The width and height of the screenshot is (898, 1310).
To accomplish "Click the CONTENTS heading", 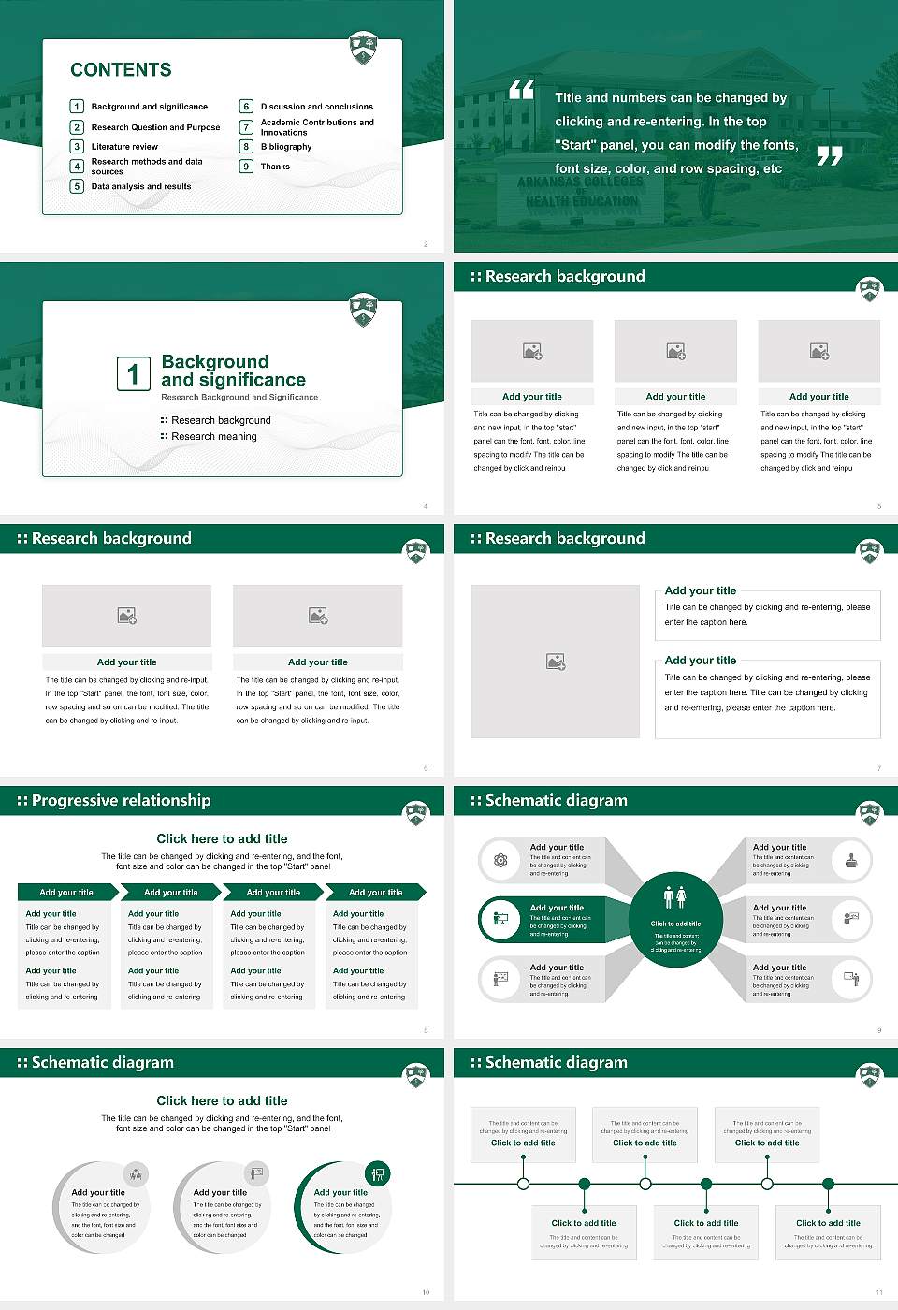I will point(121,70).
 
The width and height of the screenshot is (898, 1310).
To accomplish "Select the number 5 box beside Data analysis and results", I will point(77,186).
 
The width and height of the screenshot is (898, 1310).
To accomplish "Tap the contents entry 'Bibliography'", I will point(285,147).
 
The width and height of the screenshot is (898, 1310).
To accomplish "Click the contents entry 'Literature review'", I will point(124,147).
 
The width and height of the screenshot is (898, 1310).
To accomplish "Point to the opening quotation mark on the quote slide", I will point(521,90).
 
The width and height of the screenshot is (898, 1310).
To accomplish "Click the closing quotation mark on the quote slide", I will point(830,156).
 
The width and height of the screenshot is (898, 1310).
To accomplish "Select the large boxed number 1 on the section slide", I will point(133,374).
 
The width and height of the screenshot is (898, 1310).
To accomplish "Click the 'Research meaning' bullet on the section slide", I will point(213,437).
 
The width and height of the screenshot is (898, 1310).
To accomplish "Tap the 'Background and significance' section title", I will point(233,371).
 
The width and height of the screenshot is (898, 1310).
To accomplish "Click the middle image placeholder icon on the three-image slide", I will point(675,351).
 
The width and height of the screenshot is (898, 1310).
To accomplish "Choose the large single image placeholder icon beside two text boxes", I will point(556,662).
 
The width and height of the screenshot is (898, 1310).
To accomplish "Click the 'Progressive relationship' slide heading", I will point(121,801).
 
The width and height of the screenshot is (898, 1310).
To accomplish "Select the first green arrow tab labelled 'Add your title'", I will point(66,893).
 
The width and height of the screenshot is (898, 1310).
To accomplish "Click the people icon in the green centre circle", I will point(675,897).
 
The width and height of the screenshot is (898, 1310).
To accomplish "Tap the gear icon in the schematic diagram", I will point(500,860).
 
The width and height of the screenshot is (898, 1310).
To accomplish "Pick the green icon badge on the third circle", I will point(377,1173).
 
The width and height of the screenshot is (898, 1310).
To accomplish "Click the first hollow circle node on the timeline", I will point(523,1184).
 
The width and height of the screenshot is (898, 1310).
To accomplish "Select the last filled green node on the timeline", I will point(828,1184).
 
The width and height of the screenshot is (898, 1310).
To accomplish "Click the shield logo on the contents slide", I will point(363,47).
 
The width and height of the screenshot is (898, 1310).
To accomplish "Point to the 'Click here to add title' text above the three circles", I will point(222,1101).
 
